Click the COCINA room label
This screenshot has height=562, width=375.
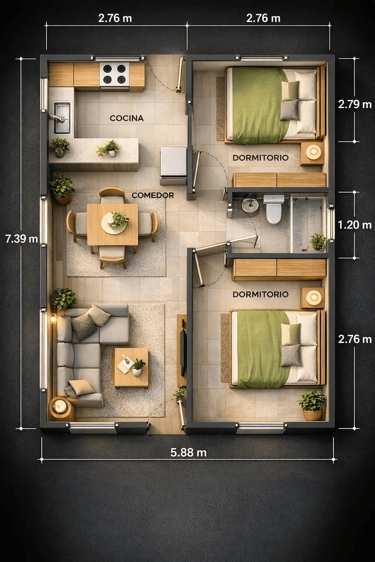coord(127,118)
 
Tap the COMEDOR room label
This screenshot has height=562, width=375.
coord(153,195)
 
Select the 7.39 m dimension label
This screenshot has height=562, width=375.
coord(22,239)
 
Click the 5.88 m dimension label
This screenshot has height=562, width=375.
coord(188,453)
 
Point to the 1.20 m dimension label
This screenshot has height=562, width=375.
coord(354,225)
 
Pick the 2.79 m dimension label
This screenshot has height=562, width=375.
coord(354,104)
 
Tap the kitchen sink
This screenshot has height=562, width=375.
coord(61,118)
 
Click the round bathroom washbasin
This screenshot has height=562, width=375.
coord(250,205)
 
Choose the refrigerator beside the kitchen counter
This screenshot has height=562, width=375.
coord(174,165)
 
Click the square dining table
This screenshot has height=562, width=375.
coord(112,224)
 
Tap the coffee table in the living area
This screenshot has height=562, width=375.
coord(130,368)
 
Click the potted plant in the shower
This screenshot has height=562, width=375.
coord(318,241)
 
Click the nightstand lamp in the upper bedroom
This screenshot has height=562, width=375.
coord(313,151)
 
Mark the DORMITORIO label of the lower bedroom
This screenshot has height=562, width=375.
coord(260,294)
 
